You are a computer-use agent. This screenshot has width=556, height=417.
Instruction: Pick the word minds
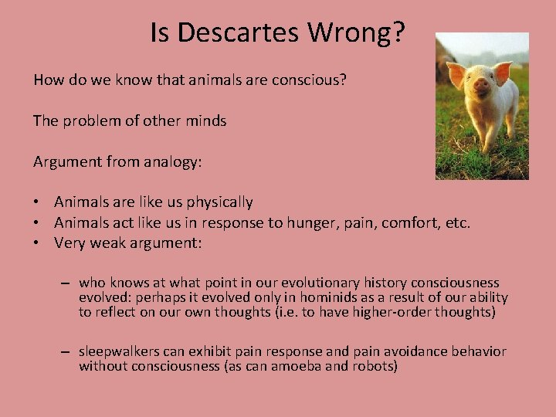point(207,120)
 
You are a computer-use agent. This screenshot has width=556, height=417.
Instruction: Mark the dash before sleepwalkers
point(68,352)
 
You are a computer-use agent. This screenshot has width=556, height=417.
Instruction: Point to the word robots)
point(374,366)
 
